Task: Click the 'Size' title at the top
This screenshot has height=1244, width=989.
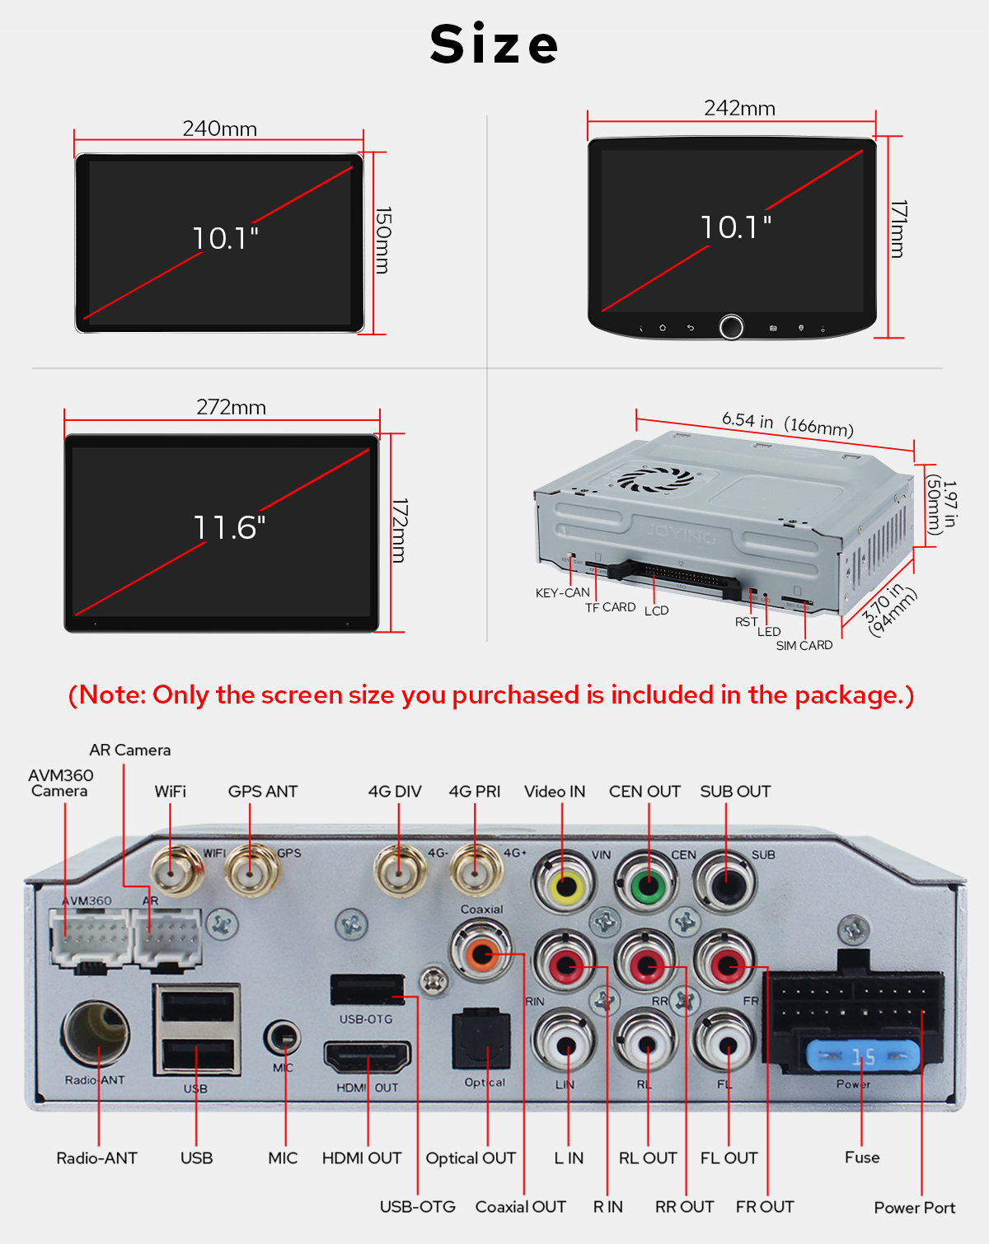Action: (x=494, y=44)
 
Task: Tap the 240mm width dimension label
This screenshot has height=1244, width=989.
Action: (x=220, y=129)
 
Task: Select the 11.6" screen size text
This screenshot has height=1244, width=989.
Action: (x=229, y=527)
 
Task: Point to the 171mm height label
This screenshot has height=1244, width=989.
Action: (x=898, y=229)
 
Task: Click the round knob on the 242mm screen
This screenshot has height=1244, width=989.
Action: (x=731, y=326)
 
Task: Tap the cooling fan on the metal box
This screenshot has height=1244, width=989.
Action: (x=655, y=478)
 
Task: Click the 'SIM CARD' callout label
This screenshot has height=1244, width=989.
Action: (x=804, y=645)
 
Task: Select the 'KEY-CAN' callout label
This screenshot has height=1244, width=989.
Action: (x=562, y=592)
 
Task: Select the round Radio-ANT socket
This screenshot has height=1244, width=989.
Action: (x=96, y=1034)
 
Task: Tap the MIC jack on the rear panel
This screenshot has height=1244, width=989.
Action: (x=282, y=1039)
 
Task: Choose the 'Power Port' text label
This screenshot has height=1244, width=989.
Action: (x=914, y=1208)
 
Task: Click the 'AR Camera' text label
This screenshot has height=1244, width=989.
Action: (x=130, y=750)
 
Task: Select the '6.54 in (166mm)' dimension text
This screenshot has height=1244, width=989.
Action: (x=787, y=424)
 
